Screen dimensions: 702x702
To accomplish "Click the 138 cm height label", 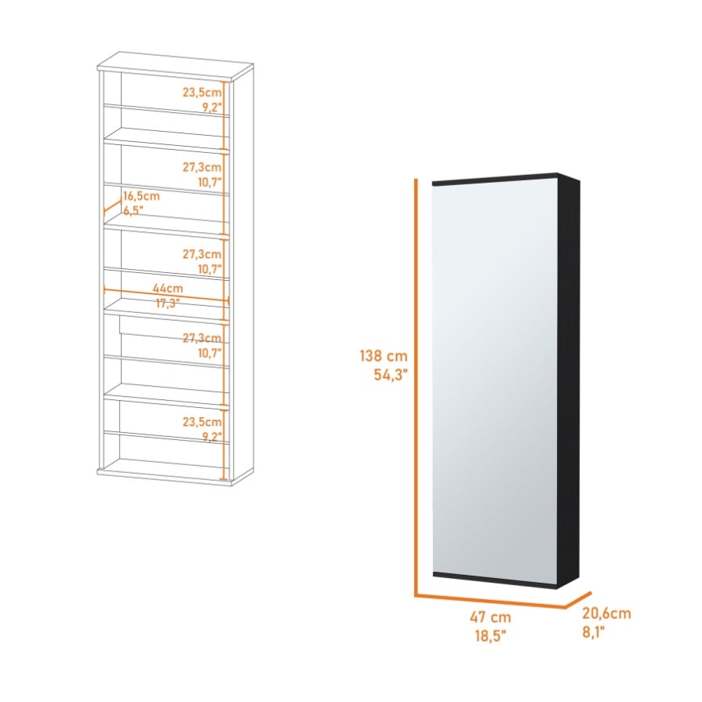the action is (x=384, y=356).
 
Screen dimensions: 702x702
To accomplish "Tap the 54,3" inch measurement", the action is (x=391, y=374).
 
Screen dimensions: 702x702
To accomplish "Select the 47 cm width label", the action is (x=490, y=617).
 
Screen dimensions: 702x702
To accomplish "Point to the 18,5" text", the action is (x=490, y=635).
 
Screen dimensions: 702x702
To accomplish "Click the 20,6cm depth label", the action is (x=606, y=613).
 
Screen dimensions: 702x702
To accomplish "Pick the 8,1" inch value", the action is (x=593, y=631).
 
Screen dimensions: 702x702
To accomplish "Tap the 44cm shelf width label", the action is (x=168, y=289).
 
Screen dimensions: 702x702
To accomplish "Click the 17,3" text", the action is (x=167, y=303).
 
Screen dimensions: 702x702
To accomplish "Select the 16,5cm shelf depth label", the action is (x=141, y=196).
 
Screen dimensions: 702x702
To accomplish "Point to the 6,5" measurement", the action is (x=133, y=210).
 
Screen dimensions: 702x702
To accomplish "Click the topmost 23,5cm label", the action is (x=202, y=93).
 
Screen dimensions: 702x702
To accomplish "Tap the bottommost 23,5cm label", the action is (x=202, y=422).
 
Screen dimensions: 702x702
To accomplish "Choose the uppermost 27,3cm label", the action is (x=202, y=167).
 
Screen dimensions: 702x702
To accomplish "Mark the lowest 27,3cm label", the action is (x=202, y=338).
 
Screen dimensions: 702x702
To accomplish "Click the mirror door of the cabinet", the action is (x=495, y=380).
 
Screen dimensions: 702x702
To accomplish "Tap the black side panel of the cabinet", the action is (x=569, y=380).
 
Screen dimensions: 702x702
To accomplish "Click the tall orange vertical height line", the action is (x=416, y=387).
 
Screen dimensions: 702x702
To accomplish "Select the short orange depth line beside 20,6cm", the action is (x=578, y=600).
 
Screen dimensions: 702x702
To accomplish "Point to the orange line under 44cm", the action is (x=166, y=296).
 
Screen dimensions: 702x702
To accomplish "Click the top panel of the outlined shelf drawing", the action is (x=176, y=66).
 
